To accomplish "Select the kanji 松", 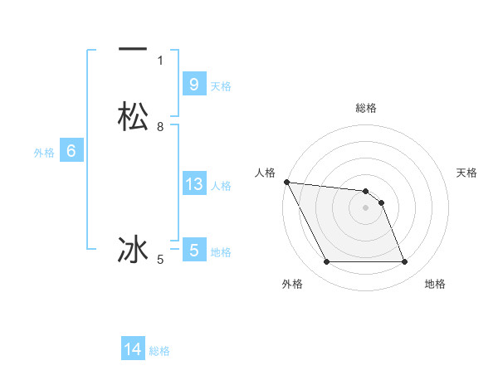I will coord(133,116).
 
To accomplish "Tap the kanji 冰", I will coord(133,249).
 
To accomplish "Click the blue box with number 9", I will coord(193,84).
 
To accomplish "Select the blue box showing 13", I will coord(193,183).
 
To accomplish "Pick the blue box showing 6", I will coord(71,151).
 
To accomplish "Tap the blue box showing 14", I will coord(133,349).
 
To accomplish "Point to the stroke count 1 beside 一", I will coord(160,60).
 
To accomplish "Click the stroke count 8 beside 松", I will coord(160,127).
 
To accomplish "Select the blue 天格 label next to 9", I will coord(221,86).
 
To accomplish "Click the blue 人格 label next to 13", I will coord(221,186).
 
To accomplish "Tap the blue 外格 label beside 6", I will coord(44,153).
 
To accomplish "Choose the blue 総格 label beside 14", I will coord(159,351).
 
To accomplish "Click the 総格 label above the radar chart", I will coord(366,108).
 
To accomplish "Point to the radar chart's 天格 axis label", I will coord(466,173).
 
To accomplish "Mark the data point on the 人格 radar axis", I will coord(286,182).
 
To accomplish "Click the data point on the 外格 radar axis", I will coord(326,262).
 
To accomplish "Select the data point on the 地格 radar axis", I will coord(404,262).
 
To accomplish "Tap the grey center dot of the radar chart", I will coord(366,207).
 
